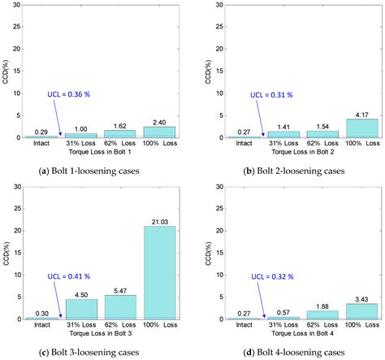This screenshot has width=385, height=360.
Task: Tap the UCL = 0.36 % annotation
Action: click(71, 93)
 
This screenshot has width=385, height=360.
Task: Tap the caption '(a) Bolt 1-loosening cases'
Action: click(102, 170)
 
